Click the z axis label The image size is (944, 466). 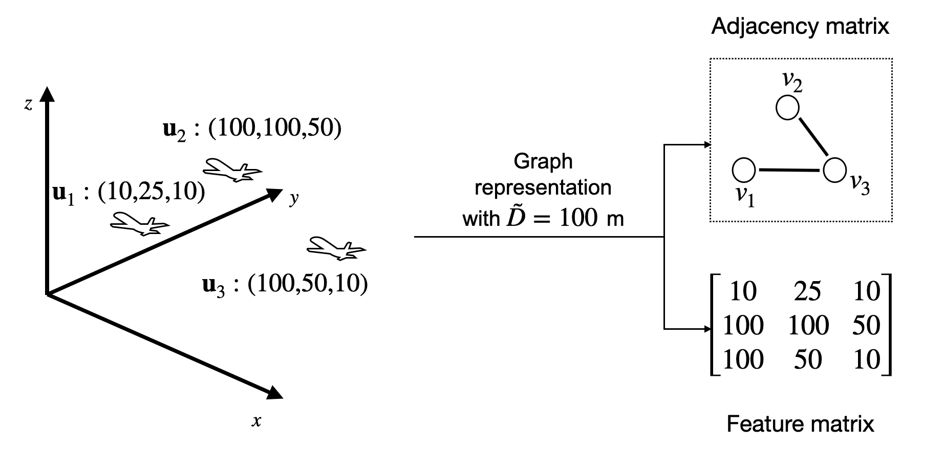[28, 105]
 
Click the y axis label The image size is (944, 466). [293, 198]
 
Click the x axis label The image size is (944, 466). [256, 421]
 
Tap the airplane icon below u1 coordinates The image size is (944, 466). [140, 224]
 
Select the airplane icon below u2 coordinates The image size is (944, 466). [232, 170]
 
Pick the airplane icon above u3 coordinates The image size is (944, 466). [336, 248]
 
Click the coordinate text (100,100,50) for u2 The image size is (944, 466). [275, 128]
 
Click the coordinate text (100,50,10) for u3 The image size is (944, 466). [308, 283]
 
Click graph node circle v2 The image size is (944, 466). [787, 108]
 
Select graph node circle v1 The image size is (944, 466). [744, 170]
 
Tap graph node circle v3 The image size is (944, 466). [834, 170]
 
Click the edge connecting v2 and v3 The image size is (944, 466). [813, 137]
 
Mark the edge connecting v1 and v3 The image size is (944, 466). [789, 170]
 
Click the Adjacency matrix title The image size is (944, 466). [800, 26]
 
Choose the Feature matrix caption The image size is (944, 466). [800, 424]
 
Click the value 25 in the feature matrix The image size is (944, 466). [807, 291]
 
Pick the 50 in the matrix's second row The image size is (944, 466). [866, 325]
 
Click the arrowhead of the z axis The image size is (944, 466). [47, 94]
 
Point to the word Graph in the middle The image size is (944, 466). [543, 161]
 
